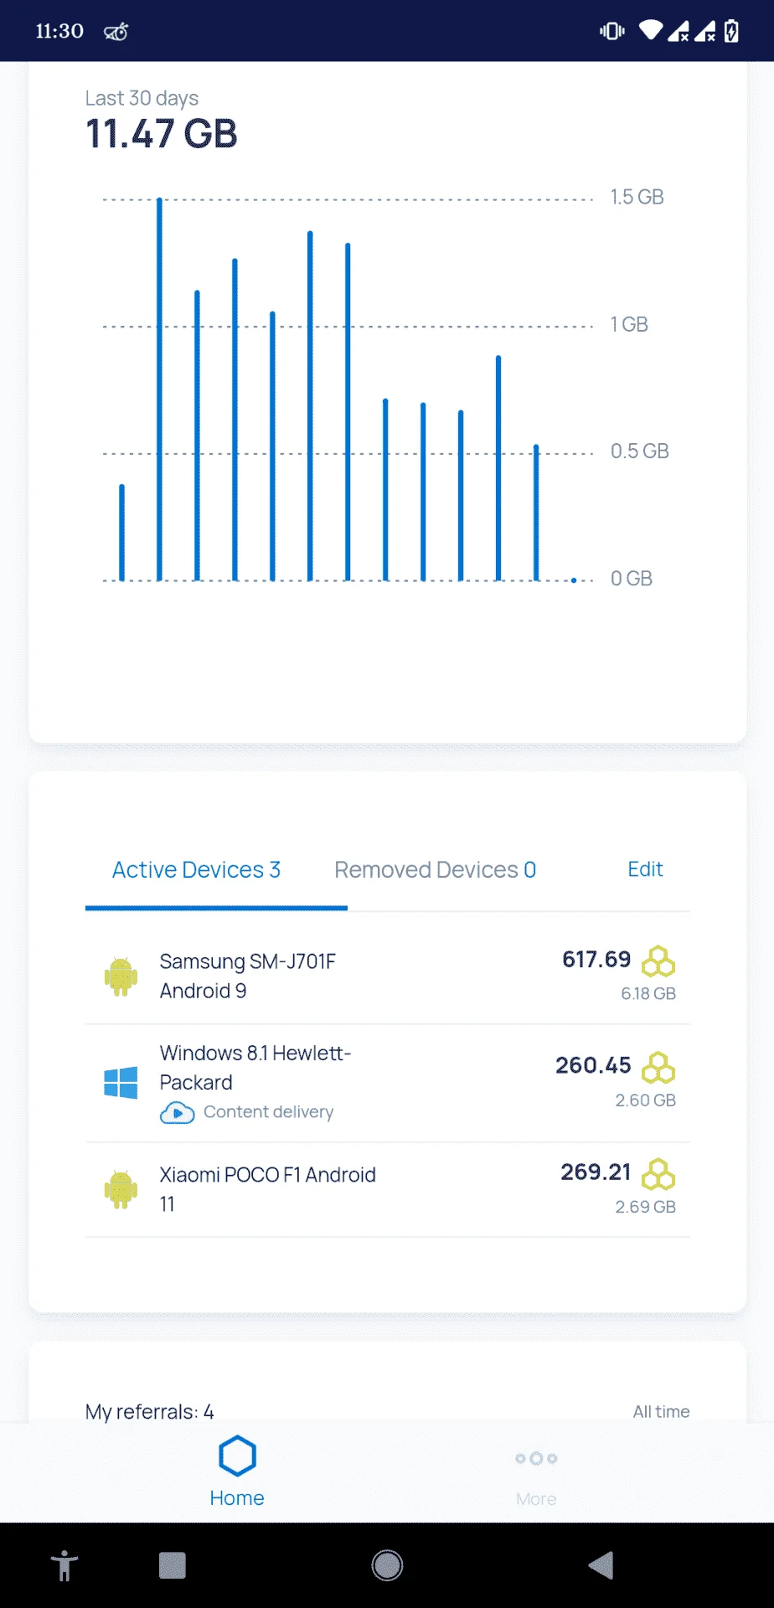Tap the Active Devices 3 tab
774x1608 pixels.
click(x=196, y=870)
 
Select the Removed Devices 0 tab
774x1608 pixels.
click(x=435, y=870)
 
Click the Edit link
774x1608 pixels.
click(x=645, y=869)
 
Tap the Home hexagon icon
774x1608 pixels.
click(x=237, y=1456)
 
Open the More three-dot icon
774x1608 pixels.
click(x=536, y=1458)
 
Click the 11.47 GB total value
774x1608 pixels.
click(x=162, y=134)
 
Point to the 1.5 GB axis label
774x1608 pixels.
click(x=637, y=197)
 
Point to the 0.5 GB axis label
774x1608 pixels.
click(x=639, y=451)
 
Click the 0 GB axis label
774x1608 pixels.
click(x=631, y=579)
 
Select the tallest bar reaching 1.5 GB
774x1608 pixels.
click(x=159, y=389)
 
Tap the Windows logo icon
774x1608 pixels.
click(x=121, y=1082)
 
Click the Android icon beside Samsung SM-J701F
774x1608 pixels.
click(x=121, y=976)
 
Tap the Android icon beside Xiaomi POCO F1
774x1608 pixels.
click(x=121, y=1189)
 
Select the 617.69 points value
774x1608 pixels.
click(x=596, y=959)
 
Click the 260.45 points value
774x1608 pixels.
click(x=593, y=1065)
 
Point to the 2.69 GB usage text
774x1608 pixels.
click(x=645, y=1207)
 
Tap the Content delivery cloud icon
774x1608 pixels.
click(x=177, y=1112)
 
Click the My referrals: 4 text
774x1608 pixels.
click(x=149, y=1412)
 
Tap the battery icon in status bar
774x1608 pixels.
click(x=731, y=31)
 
